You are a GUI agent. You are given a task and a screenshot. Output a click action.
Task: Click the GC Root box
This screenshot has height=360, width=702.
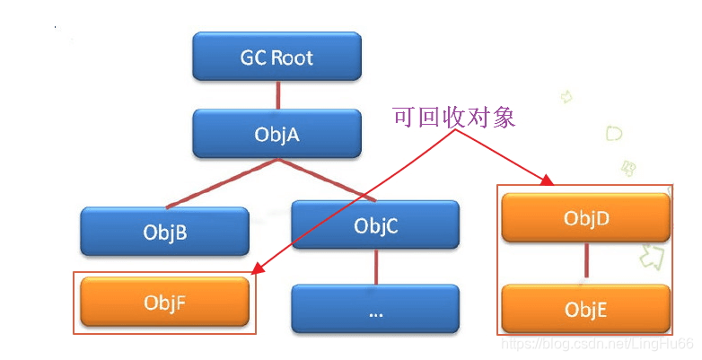click(276, 57)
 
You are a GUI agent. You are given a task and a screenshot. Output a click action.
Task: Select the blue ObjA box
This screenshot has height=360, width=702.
click(276, 134)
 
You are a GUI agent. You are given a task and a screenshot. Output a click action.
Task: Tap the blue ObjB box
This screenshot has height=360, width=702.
click(164, 233)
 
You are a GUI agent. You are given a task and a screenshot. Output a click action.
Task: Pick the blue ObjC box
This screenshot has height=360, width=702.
click(375, 224)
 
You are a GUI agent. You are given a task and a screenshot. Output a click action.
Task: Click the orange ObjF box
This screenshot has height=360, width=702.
click(164, 302)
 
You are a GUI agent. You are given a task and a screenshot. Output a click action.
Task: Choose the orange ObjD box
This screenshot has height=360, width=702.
click(585, 217)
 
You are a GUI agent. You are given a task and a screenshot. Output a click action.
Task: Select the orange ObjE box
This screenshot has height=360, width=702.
click(585, 309)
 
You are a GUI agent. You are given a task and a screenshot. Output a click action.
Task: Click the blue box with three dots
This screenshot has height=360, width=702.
click(375, 311)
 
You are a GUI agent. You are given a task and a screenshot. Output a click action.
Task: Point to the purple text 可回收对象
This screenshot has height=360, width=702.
click(453, 118)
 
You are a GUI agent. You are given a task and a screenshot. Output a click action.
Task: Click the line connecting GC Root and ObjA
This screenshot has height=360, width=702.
click(276, 95)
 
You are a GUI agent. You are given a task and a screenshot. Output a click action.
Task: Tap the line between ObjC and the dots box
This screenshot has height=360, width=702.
click(375, 267)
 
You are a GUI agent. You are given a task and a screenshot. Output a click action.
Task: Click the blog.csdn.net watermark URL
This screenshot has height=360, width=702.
click(596, 344)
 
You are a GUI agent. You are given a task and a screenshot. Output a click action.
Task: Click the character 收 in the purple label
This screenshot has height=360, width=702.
click(453, 118)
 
